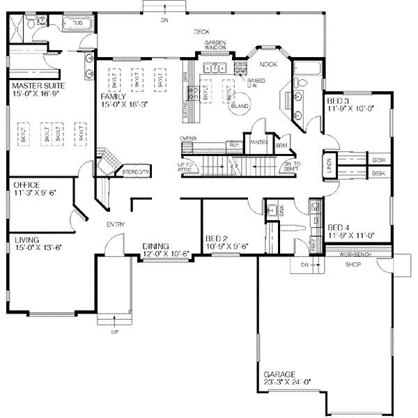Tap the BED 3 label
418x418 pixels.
pyautogui.click(x=339, y=102)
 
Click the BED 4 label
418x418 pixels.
pyautogui.click(x=339, y=227)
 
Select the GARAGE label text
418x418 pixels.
pyautogui.click(x=279, y=374)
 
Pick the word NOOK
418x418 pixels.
pyautogui.click(x=268, y=64)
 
